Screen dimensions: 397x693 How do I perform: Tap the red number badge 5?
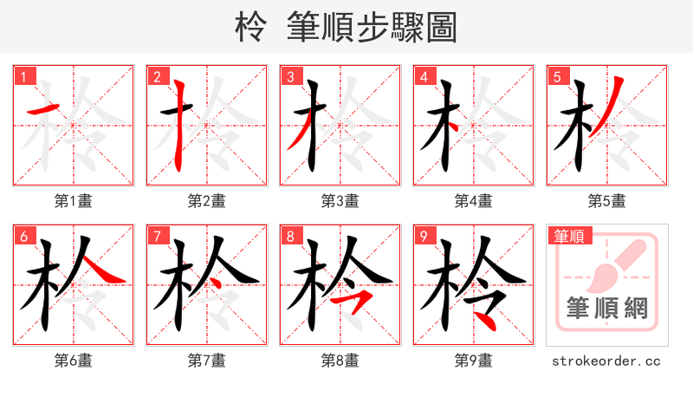(x=557, y=76)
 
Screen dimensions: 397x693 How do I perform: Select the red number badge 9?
(x=424, y=236)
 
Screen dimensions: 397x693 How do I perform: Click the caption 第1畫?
(x=74, y=201)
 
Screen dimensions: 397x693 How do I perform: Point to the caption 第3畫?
(x=340, y=201)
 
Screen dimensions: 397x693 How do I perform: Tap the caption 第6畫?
(x=74, y=361)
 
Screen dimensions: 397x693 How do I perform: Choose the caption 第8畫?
(x=340, y=361)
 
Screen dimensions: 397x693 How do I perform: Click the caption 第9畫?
(x=473, y=361)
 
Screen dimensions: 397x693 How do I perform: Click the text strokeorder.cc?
(x=606, y=361)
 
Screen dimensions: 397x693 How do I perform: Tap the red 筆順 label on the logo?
(x=568, y=236)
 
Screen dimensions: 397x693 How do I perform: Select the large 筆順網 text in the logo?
(x=606, y=309)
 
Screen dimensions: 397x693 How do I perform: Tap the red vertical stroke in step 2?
(x=179, y=121)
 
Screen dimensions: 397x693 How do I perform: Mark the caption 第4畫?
(x=473, y=201)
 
